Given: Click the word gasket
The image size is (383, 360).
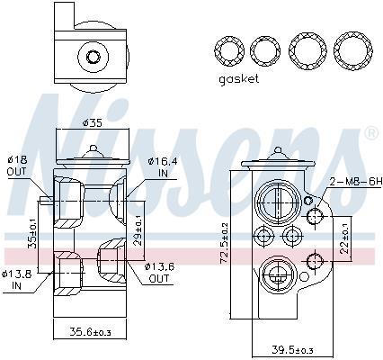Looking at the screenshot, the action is [x=238, y=79].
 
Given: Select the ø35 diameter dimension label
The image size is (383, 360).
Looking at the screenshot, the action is [x=93, y=122].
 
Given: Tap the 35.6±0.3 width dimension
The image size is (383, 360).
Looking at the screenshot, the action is [x=90, y=332].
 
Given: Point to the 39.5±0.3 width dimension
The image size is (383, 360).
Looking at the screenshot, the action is [x=292, y=350].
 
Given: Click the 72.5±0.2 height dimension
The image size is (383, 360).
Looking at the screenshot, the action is [x=225, y=244].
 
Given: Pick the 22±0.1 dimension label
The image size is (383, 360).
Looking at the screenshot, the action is [x=345, y=238].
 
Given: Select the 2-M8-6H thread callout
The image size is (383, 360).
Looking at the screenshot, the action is [x=356, y=181].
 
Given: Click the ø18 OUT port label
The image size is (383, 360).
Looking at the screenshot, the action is [x=17, y=166].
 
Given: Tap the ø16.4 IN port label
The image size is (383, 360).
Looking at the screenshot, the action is [x=163, y=167].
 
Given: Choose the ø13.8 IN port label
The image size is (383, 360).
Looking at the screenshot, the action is [x=15, y=279].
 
